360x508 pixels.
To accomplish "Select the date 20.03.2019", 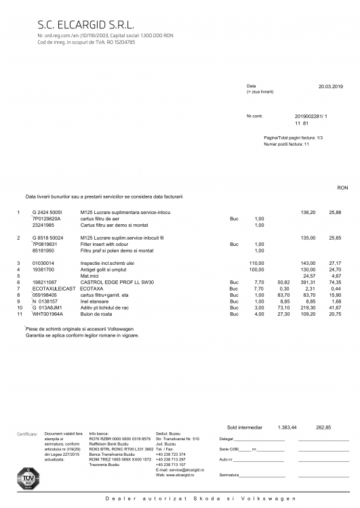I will tap(330, 87).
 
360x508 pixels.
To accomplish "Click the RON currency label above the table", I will tap(342, 188).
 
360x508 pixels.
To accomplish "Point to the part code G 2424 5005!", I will tap(47, 213).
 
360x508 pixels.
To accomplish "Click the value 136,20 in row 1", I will tap(308, 213).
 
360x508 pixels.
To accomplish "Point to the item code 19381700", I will tap(43, 269).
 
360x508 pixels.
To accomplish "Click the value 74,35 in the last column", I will tap(335, 281).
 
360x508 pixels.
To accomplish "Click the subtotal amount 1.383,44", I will tap(287, 427).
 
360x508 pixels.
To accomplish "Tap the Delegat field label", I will tap(226, 439).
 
